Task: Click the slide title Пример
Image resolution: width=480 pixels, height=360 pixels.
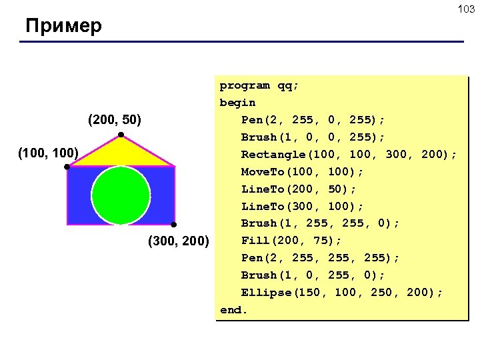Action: (x=64, y=27)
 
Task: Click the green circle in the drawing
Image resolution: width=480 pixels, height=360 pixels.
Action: (x=121, y=194)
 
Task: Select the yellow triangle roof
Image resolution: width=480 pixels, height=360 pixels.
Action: (x=121, y=153)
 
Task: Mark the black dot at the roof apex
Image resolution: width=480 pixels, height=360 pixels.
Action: (x=121, y=136)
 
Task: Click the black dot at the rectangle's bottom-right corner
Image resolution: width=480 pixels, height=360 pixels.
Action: (x=173, y=225)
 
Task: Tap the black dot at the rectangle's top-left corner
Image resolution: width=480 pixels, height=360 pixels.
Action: (x=67, y=167)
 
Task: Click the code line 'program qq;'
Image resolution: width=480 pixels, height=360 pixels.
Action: (x=259, y=85)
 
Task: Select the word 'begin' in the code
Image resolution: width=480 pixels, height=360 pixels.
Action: (x=237, y=103)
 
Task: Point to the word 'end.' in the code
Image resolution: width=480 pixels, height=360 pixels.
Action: (x=234, y=310)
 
